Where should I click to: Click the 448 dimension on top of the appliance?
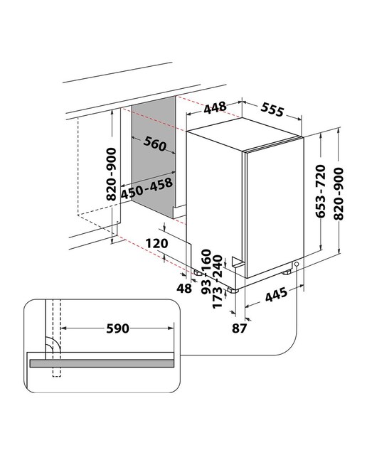[x=215, y=107]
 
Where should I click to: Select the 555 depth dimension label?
[x=272, y=109]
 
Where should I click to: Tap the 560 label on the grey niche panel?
[x=155, y=144]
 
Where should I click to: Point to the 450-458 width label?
[x=147, y=188]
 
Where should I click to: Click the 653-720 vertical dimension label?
[x=321, y=191]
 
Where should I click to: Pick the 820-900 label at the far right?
[x=339, y=193]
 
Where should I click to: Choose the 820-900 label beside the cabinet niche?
[x=111, y=174]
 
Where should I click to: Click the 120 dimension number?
[x=156, y=243]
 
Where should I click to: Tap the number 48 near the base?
[x=184, y=288]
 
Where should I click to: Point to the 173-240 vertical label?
[x=218, y=282]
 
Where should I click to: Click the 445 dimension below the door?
[x=276, y=294]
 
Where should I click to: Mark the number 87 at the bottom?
[x=239, y=328]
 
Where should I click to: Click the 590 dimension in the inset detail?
[x=117, y=328]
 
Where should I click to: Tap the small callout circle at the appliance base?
[x=297, y=264]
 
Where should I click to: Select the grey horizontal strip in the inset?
[x=102, y=363]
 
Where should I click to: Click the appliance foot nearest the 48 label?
[x=198, y=272]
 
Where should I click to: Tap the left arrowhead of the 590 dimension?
[x=63, y=328]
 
